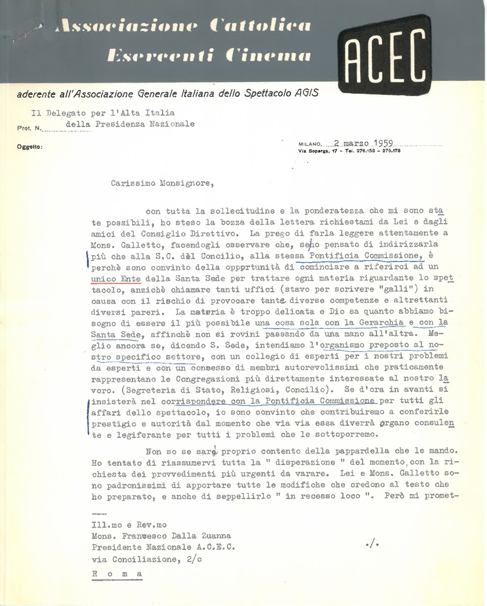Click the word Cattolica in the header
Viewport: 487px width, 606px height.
coord(259,25)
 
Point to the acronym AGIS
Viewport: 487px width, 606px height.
coord(306,93)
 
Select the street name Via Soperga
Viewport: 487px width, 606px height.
coord(316,151)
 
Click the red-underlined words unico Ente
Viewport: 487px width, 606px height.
coord(116,277)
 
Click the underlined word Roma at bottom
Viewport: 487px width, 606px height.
coord(116,574)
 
